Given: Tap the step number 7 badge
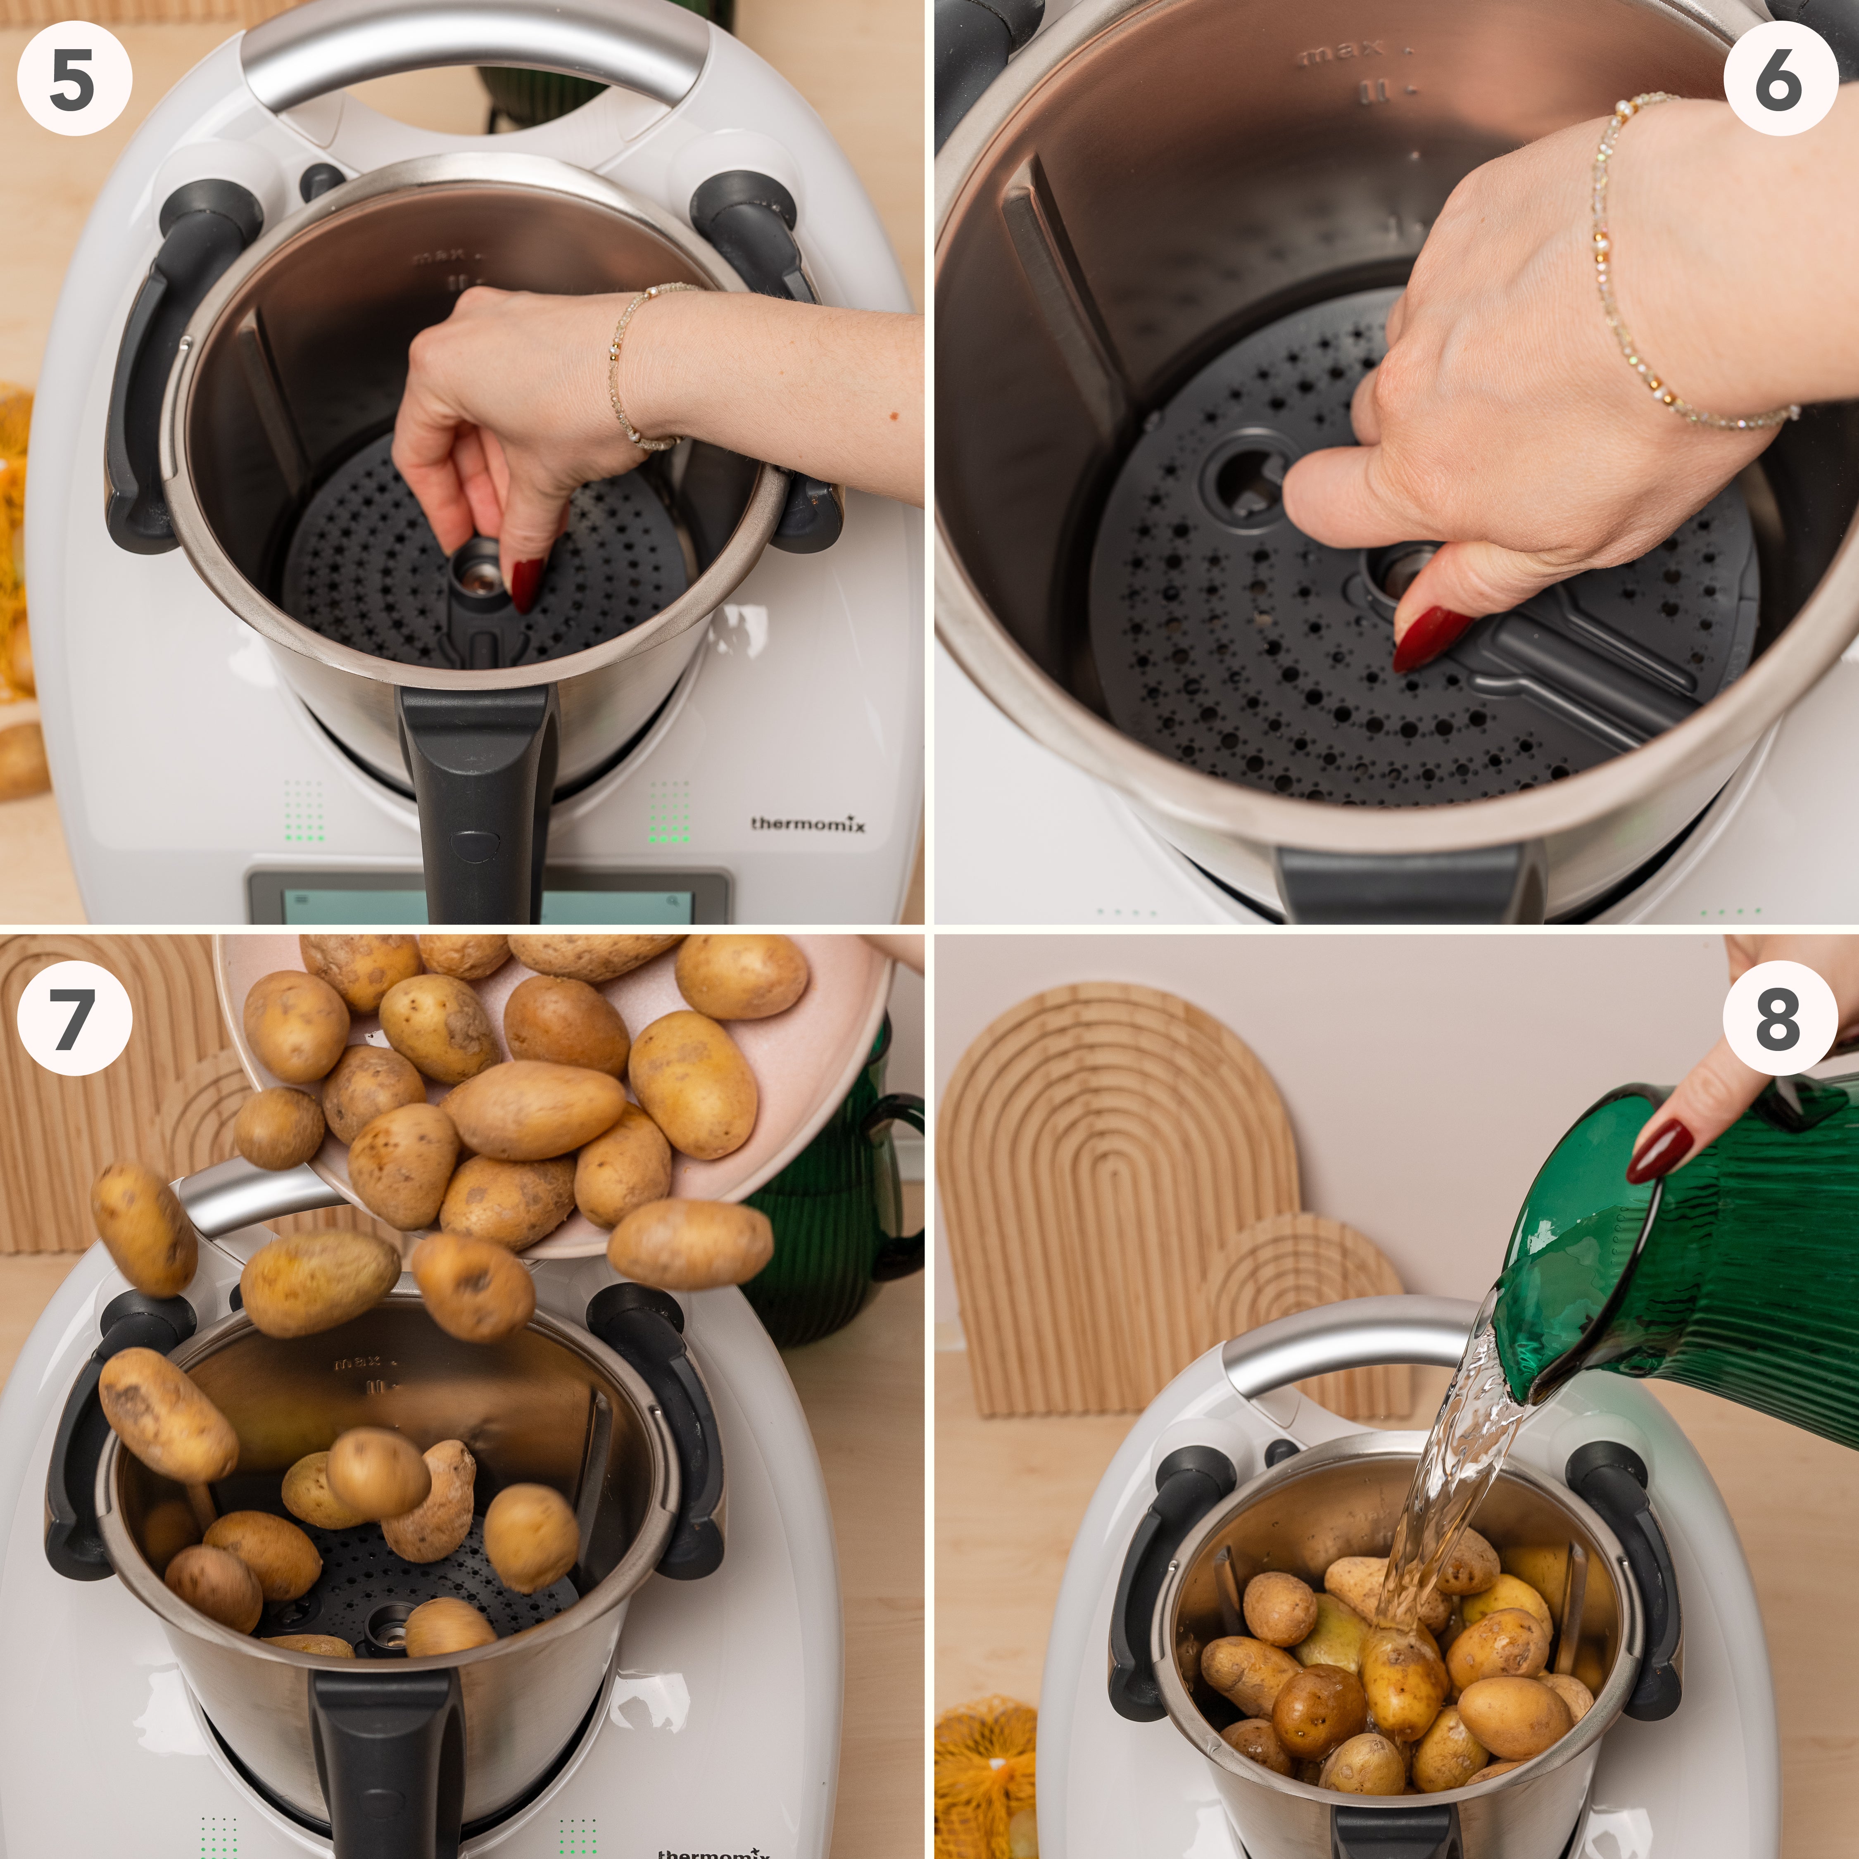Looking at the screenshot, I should pyautogui.click(x=74, y=1018).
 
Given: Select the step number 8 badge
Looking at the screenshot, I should pyautogui.click(x=1779, y=1018).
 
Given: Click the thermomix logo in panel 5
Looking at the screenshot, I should pyautogui.click(x=807, y=824).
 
